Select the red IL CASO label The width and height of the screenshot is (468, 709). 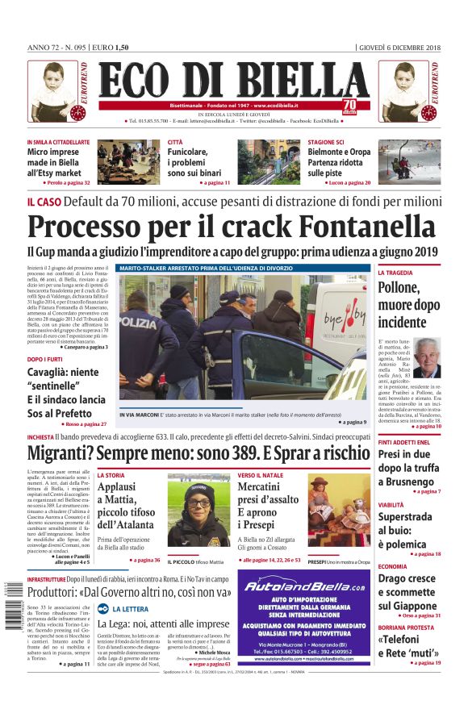click(x=43, y=201)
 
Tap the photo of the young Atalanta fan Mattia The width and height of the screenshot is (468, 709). click(x=198, y=510)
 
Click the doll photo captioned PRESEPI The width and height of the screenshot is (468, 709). click(x=339, y=510)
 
